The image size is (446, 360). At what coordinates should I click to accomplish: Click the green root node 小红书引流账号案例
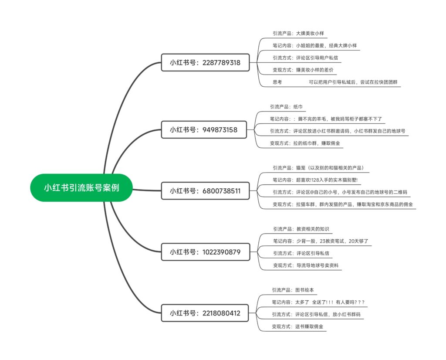81,187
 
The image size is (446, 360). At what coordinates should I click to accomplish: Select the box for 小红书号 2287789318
205,62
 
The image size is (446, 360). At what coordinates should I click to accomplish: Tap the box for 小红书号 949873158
204,130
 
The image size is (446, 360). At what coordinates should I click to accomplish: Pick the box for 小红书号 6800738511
205,190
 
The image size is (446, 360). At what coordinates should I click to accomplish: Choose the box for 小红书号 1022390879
206,252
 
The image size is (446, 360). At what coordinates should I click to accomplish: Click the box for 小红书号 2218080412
205,313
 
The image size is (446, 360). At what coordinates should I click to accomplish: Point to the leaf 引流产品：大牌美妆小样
298,33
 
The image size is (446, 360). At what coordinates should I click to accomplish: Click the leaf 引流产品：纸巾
286,107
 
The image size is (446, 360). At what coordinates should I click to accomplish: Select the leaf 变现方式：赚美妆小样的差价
303,70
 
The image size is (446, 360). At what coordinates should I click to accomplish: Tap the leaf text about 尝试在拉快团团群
353,82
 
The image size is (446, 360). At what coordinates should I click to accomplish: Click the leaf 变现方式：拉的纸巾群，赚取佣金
305,143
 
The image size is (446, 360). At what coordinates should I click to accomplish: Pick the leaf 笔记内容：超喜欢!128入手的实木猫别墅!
315,180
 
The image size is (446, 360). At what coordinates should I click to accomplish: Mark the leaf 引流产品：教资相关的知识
301,229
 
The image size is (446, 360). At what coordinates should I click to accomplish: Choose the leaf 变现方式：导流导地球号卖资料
306,265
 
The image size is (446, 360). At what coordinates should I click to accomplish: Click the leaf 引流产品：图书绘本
293,290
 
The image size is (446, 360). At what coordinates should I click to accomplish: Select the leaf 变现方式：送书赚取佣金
297,326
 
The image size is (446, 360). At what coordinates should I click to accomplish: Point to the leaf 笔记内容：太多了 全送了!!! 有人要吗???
318,302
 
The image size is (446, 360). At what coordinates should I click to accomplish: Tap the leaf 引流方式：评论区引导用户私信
305,58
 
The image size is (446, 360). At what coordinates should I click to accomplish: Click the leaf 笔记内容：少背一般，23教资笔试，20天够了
321,241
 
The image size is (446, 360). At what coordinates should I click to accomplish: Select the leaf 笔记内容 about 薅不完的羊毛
326,119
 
